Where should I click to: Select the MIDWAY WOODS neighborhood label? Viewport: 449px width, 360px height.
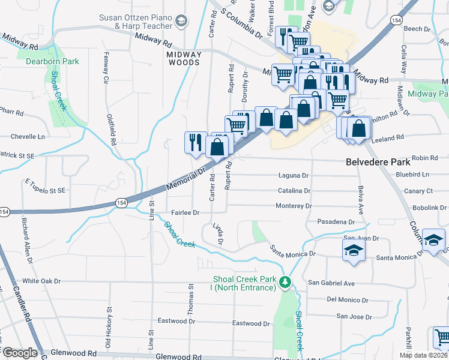pos(183,59)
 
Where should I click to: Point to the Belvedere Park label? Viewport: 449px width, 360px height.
pos(378,162)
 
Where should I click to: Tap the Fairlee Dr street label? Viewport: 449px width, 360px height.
pos(185,212)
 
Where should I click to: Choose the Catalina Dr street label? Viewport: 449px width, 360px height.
pos(294,191)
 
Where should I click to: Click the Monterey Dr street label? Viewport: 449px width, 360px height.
pos(294,206)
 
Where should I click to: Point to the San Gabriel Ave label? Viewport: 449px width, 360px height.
pos(331,283)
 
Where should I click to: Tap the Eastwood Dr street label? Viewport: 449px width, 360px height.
pos(251,323)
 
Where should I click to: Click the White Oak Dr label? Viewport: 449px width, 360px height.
pos(42,281)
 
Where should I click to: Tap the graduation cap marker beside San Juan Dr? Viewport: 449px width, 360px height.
pos(354,250)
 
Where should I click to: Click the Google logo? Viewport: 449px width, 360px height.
pos(19,353)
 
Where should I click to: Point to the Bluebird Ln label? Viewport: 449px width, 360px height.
pos(413,175)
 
